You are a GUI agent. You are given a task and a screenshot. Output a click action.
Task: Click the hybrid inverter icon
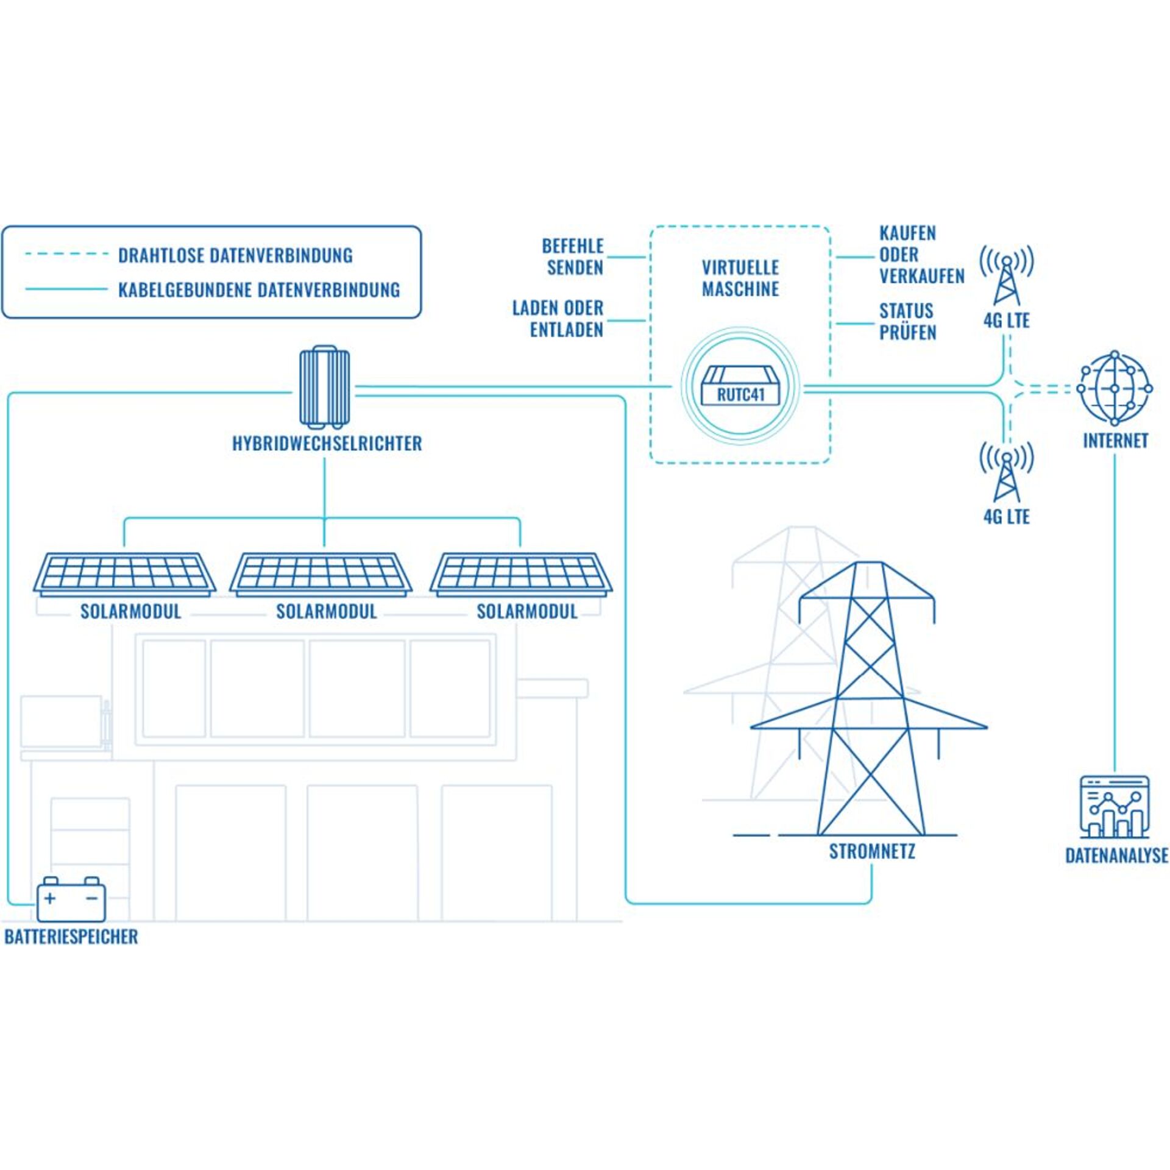pos(324,386)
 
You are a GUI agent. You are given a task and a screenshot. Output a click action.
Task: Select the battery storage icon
pos(71,899)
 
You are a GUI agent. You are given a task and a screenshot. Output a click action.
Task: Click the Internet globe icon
pos(1115,388)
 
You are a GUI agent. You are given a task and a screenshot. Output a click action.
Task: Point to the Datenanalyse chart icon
pos(1114,807)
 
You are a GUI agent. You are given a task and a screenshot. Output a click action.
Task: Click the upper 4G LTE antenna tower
pos(1006,277)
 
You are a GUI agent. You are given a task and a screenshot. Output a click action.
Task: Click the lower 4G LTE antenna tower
pos(1006,474)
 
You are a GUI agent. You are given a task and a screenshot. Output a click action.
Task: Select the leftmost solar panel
pos(124,573)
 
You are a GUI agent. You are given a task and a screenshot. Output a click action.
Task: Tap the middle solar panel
pos(321,573)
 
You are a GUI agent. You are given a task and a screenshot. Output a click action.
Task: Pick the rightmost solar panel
pos(522,573)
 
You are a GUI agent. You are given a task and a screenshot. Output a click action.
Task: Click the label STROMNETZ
pos(871,851)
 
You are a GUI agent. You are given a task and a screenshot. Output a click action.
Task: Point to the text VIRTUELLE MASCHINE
pos(740,278)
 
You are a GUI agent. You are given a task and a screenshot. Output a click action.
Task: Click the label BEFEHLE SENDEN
pos(573,257)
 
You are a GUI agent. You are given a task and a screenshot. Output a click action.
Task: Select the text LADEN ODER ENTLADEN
pos(558,319)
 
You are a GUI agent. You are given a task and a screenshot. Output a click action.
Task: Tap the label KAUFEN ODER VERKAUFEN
pos(921,255)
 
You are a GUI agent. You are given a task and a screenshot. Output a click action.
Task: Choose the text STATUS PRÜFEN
pos(907,322)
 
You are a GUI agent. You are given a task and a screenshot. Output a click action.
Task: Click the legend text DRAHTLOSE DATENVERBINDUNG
pos(235,255)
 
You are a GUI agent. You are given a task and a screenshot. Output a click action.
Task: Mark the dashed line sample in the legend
pos(66,254)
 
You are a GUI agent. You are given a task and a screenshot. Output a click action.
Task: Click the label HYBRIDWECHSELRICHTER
pos(327,444)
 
